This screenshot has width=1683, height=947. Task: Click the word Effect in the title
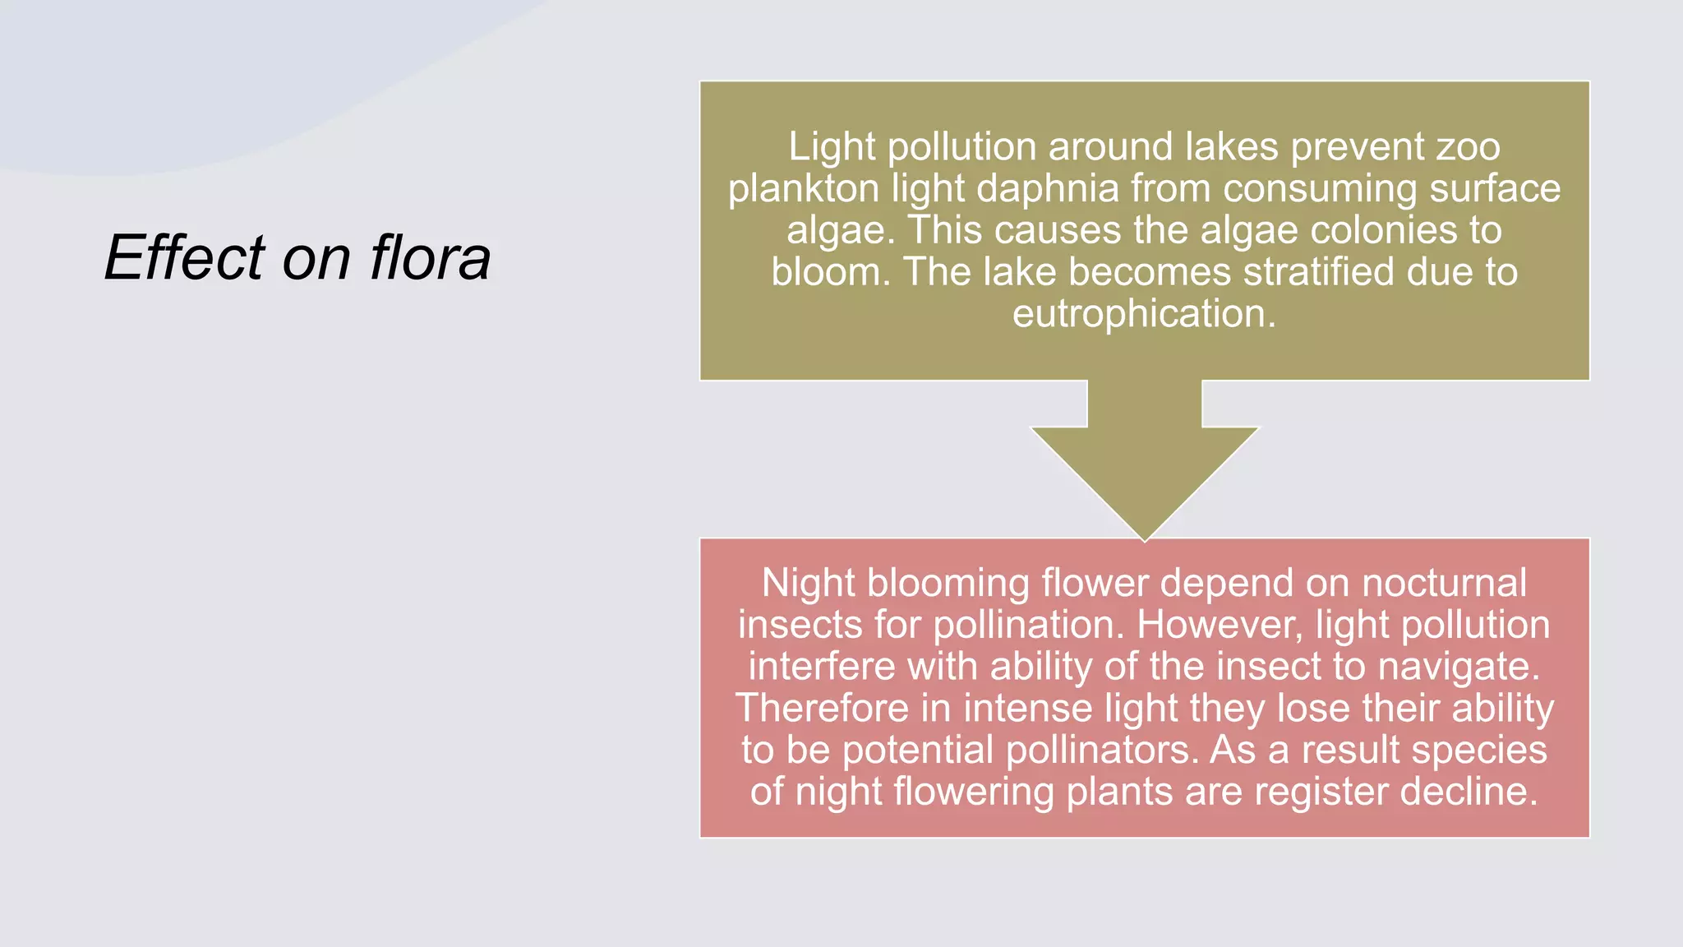tap(185, 258)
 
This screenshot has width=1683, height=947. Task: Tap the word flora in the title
tap(430, 258)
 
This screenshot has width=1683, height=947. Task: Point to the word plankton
tap(803, 189)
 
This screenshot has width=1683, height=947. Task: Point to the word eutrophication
tap(1144, 314)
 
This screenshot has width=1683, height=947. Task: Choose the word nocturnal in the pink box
tap(1444, 584)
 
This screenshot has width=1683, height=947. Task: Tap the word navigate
tap(1458, 667)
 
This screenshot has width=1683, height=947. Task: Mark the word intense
tap(1027, 709)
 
